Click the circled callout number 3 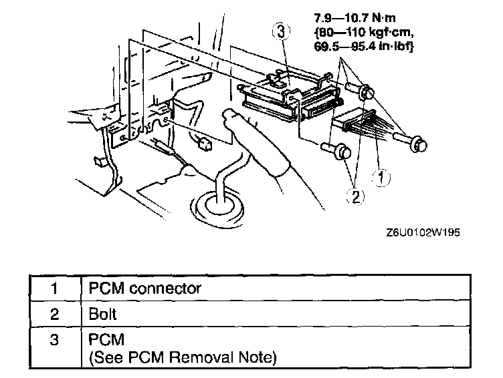click(x=282, y=31)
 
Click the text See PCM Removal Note click(x=182, y=358)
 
